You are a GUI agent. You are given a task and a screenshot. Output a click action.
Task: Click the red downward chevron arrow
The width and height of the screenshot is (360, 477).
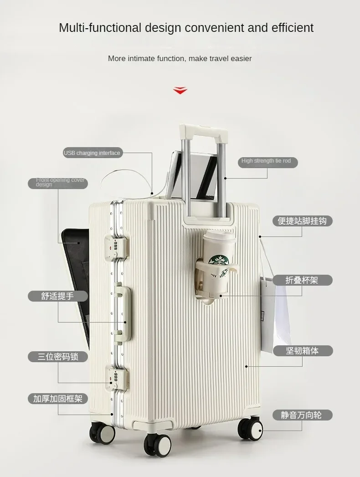pos(180,90)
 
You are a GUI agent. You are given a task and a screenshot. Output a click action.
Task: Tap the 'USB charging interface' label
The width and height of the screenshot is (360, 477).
pos(92,153)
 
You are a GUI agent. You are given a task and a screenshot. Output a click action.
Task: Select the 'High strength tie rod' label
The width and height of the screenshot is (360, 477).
pos(267,161)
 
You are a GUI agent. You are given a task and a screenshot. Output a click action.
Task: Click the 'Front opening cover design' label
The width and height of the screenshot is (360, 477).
pos(60,182)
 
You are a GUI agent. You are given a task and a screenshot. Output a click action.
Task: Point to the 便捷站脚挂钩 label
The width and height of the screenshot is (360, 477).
pos(302,221)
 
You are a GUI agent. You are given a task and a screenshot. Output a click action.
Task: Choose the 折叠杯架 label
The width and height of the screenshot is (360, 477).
pos(302,280)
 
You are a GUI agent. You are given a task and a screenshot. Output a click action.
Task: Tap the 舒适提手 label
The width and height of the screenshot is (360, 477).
pos(58,296)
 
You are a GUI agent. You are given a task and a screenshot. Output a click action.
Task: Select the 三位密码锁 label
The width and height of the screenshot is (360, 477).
pos(58,356)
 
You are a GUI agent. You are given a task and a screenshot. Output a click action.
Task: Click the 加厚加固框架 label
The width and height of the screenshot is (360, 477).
pos(58,399)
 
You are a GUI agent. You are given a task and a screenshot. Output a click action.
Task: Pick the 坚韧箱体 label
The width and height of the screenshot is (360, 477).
pos(303,351)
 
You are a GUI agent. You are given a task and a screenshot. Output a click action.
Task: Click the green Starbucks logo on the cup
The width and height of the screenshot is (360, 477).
pos(218,262)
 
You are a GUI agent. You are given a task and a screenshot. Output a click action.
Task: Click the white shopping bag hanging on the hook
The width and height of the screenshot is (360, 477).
pos(277,310)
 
